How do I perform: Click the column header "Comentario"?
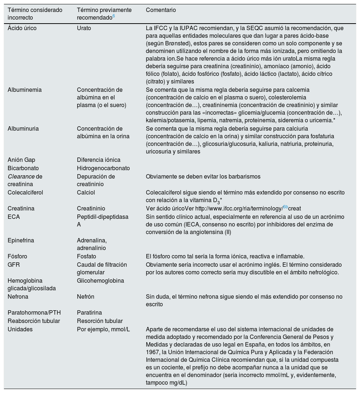pyautogui.click(x=161, y=10)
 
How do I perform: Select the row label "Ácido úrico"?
pyautogui.click(x=22, y=28)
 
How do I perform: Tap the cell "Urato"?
pyautogui.click(x=84, y=28)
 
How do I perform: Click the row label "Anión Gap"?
pyautogui.click(x=21, y=160)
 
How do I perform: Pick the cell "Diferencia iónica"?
pyautogui.click(x=98, y=160)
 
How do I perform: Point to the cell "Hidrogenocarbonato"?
pyautogui.click(x=103, y=168)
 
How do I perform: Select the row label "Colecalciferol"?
pyautogui.click(x=25, y=192)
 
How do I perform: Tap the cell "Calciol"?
pyautogui.click(x=86, y=192)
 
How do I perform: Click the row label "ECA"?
pyautogui.click(x=14, y=217)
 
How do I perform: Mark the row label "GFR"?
pyautogui.click(x=14, y=265)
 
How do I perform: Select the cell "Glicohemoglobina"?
pyautogui.click(x=100, y=281)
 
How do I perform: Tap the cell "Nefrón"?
pyautogui.click(x=85, y=296)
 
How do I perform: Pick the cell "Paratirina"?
pyautogui.click(x=89, y=312)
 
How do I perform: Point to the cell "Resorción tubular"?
pyautogui.click(x=99, y=321)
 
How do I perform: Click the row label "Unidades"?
pyautogui.click(x=20, y=329)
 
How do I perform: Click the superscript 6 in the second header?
pyautogui.click(x=114, y=16)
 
